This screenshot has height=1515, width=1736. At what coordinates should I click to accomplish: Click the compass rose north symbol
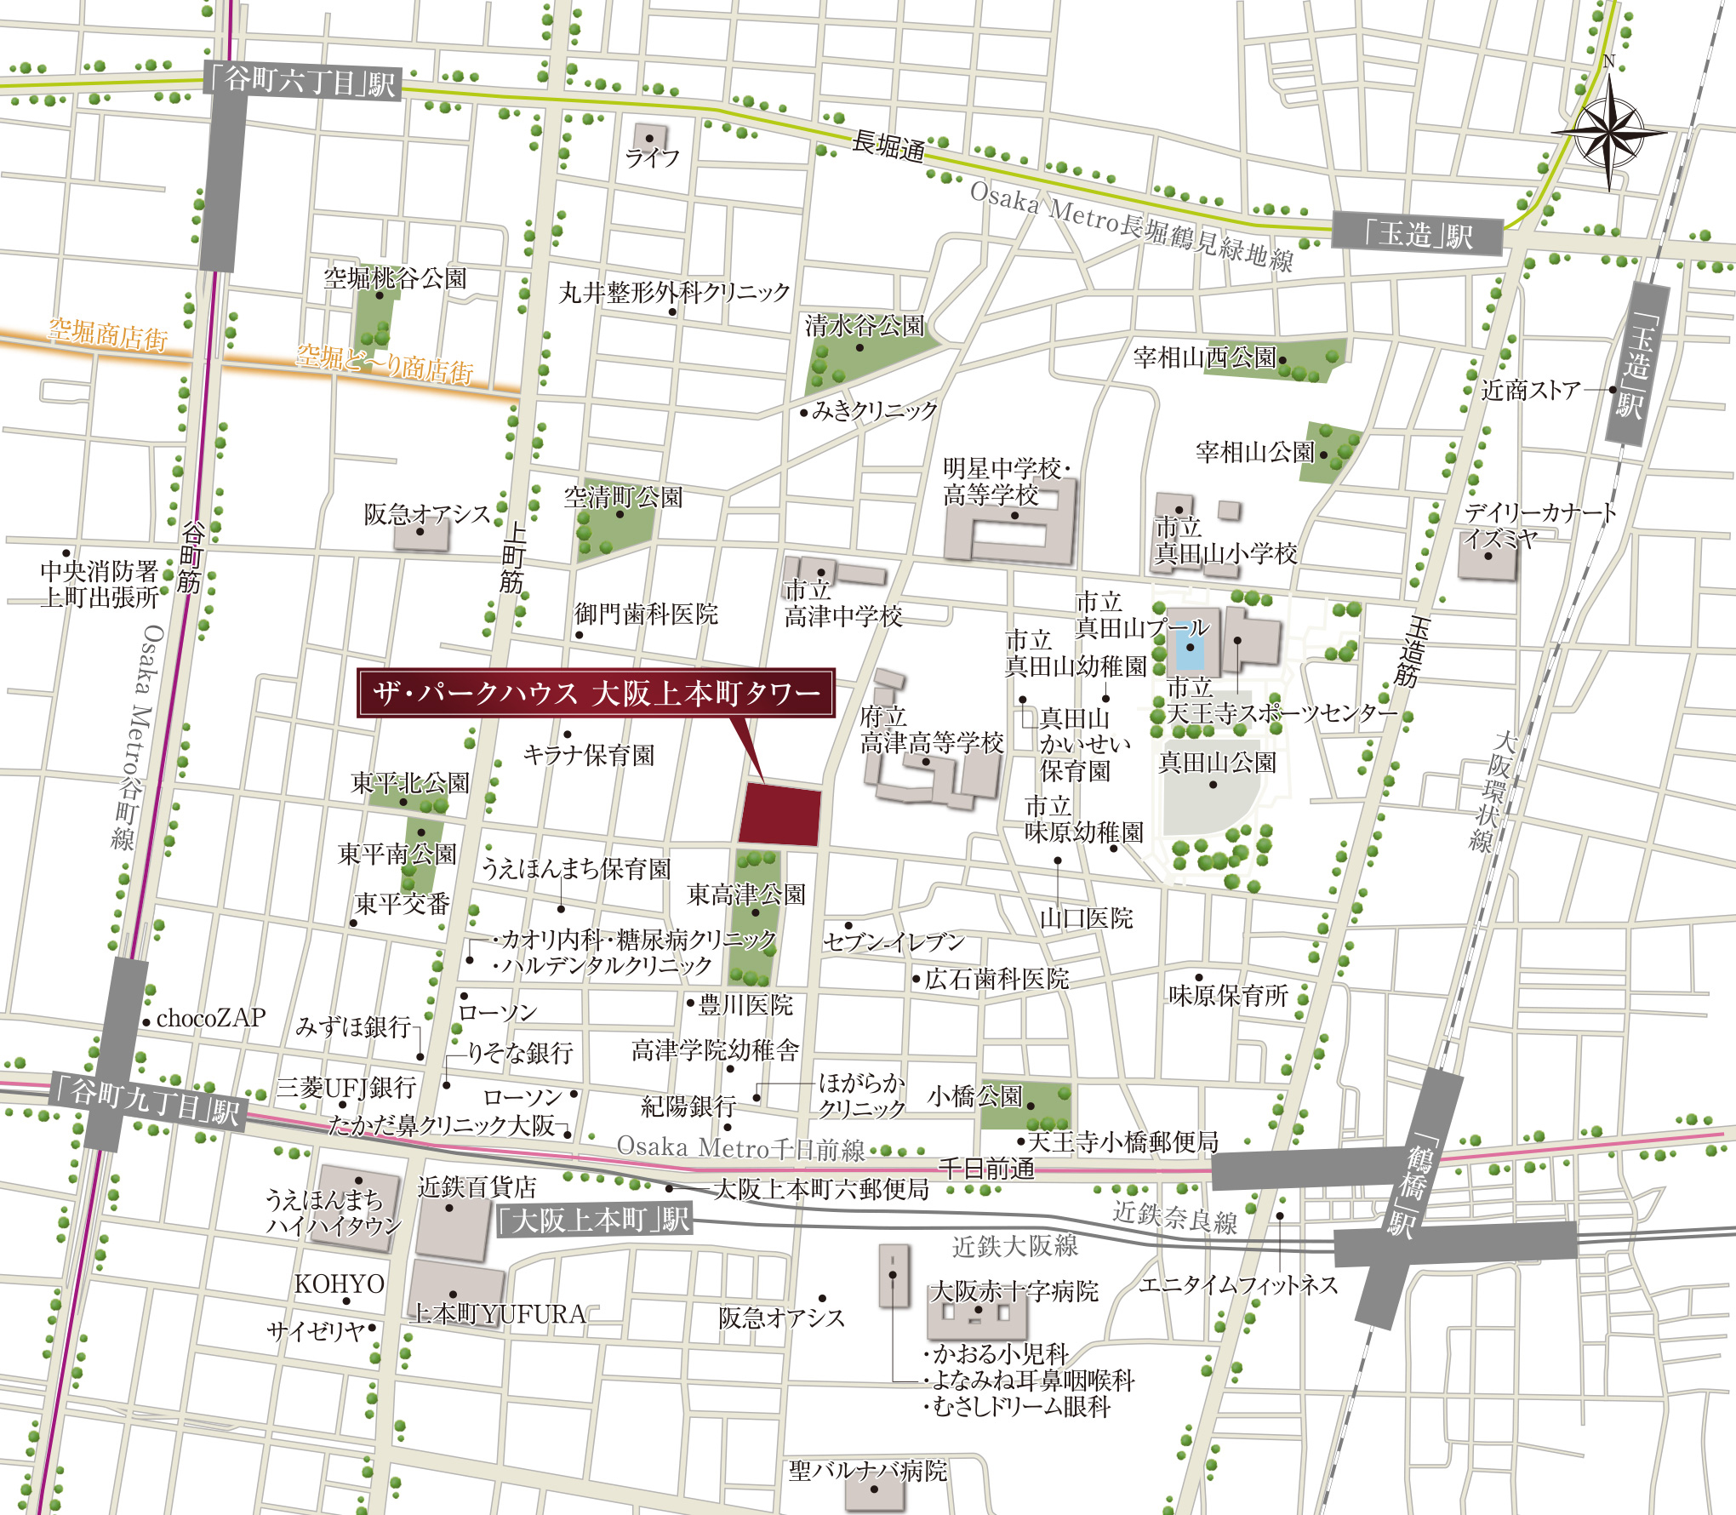pyautogui.click(x=1608, y=132)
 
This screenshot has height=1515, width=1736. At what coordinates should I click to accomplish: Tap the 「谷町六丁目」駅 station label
pyautogui.click(x=301, y=82)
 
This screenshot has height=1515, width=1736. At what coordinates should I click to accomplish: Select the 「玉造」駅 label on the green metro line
pyautogui.click(x=1418, y=234)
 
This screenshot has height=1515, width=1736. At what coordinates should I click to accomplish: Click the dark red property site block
pyautogui.click(x=779, y=815)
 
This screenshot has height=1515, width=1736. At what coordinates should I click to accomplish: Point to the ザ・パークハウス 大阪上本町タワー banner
pyautogui.click(x=596, y=694)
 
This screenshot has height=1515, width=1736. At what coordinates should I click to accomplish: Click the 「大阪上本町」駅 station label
pyautogui.click(x=594, y=1221)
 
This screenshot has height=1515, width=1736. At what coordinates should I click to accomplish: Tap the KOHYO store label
pyautogui.click(x=339, y=1283)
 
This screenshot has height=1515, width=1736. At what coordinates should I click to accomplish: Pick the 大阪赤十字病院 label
pyautogui.click(x=1014, y=1291)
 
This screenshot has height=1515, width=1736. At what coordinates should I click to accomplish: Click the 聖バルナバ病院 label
pyautogui.click(x=867, y=1471)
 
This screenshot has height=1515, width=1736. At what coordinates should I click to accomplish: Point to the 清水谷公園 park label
pyautogui.click(x=865, y=326)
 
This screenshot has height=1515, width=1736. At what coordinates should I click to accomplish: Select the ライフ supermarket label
pyautogui.click(x=653, y=158)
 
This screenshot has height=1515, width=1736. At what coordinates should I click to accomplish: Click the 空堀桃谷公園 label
pyautogui.click(x=395, y=278)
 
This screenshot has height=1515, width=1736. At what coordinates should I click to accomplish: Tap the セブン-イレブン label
pyautogui.click(x=894, y=941)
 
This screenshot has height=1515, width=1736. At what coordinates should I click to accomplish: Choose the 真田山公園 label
pyautogui.click(x=1218, y=763)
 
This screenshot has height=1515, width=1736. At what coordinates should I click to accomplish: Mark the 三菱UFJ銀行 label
pyautogui.click(x=346, y=1088)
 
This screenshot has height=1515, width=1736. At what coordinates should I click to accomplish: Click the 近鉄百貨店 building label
pyautogui.click(x=477, y=1186)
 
